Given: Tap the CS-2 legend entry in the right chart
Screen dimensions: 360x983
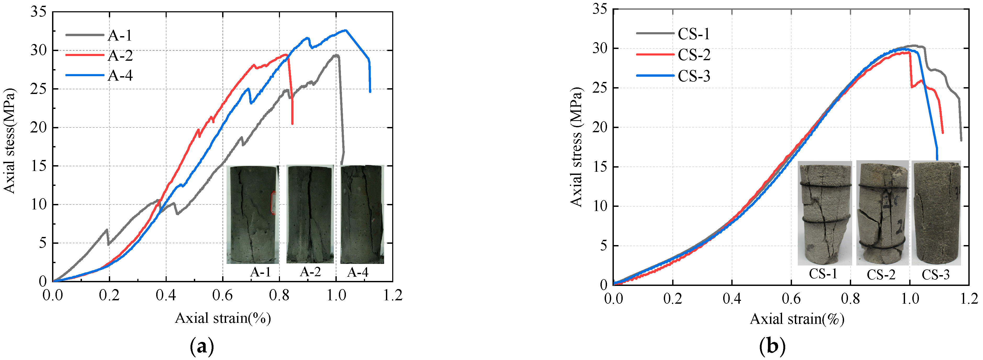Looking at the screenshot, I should point(694,55).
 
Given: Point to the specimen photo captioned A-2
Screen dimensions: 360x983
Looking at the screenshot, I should point(310,214).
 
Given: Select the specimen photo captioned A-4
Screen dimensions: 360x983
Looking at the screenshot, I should point(362,214).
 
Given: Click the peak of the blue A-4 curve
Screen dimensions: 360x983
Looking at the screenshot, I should point(345,30).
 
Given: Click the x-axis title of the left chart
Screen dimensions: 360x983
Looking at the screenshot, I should point(223,318).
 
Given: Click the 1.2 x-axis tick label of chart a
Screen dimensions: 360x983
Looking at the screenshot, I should point(392,295).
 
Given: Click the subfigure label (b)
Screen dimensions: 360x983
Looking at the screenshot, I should point(772,347).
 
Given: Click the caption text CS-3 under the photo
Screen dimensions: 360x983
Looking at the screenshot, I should point(935,274).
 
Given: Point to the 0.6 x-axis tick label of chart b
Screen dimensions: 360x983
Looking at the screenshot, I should point(791,298).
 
